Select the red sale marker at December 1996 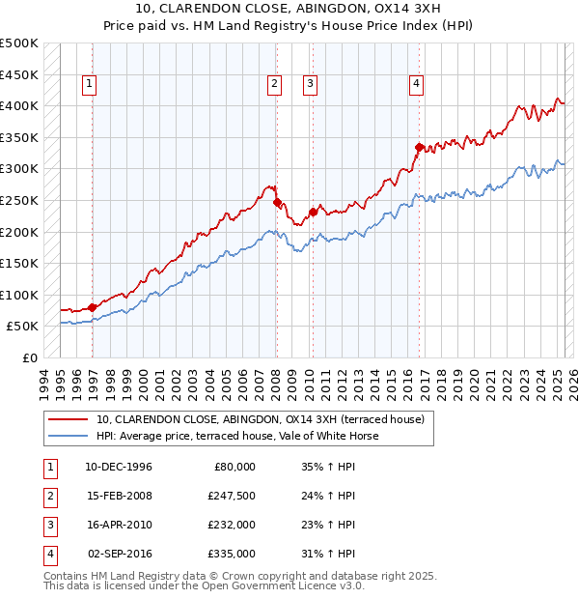click(93, 307)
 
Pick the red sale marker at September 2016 click(419, 147)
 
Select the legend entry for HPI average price click(236, 436)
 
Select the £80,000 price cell click(232, 467)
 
